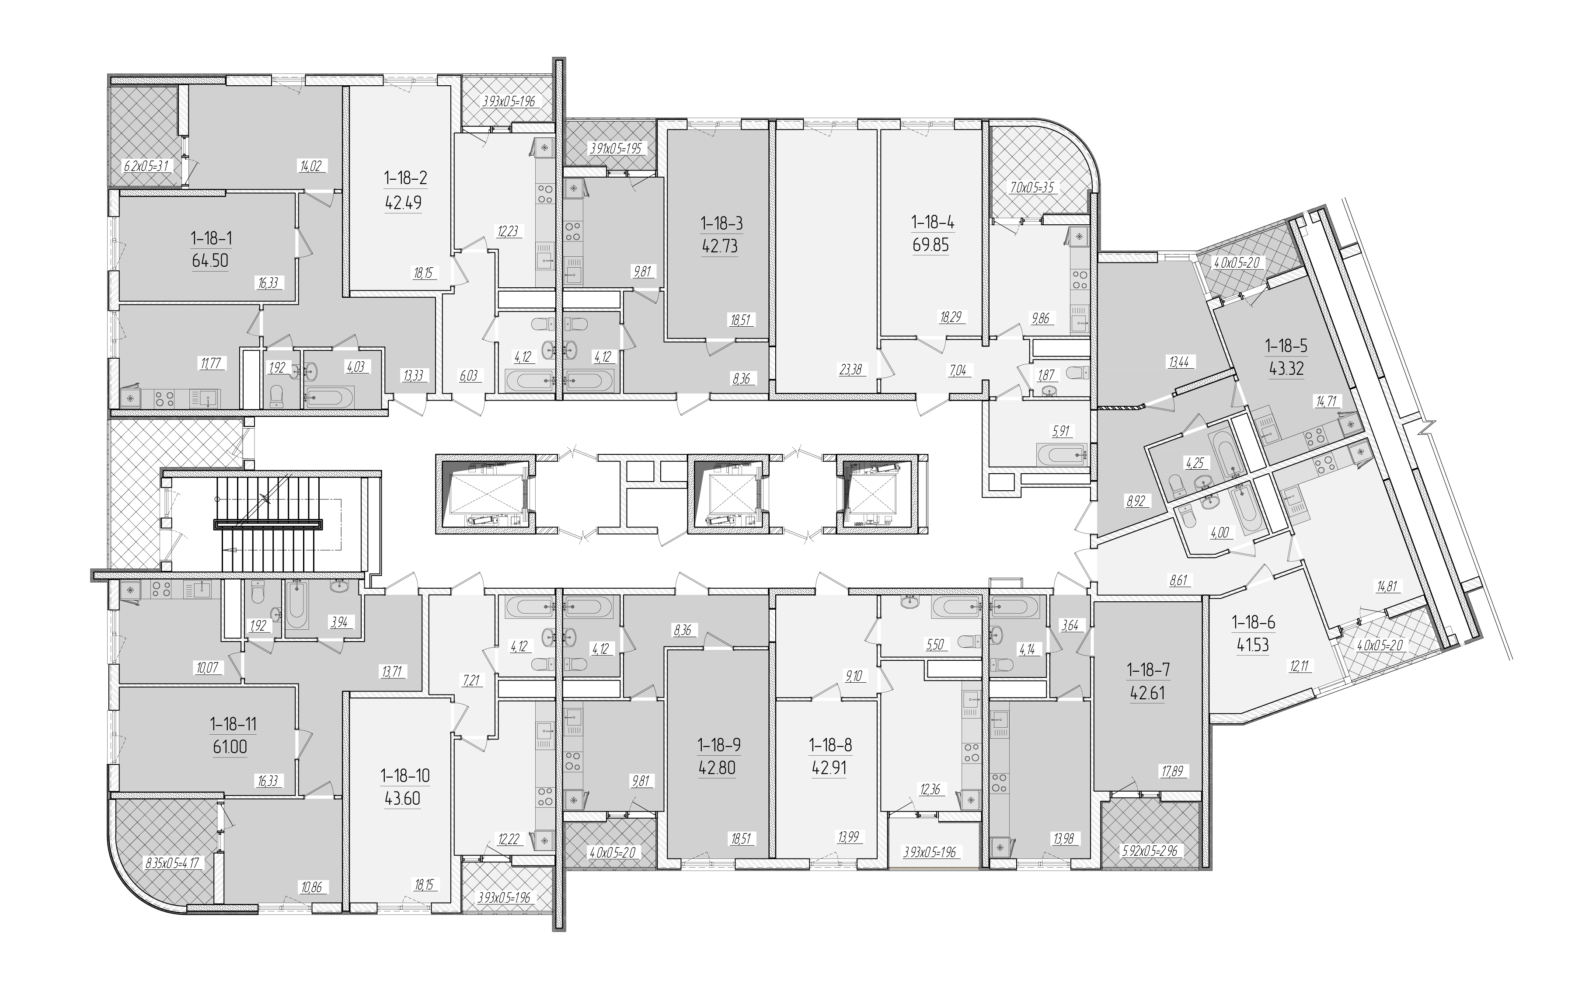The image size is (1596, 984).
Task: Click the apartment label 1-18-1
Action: pos(212,238)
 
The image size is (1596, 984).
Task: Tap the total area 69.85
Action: pos(930,245)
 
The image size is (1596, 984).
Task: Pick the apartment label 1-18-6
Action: pos(1253,623)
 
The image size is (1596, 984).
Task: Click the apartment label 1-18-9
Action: pos(719,744)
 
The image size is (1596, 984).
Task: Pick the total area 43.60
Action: pos(403,798)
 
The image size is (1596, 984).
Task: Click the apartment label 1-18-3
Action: pos(721,223)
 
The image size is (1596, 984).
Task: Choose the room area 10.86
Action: pos(311,886)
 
